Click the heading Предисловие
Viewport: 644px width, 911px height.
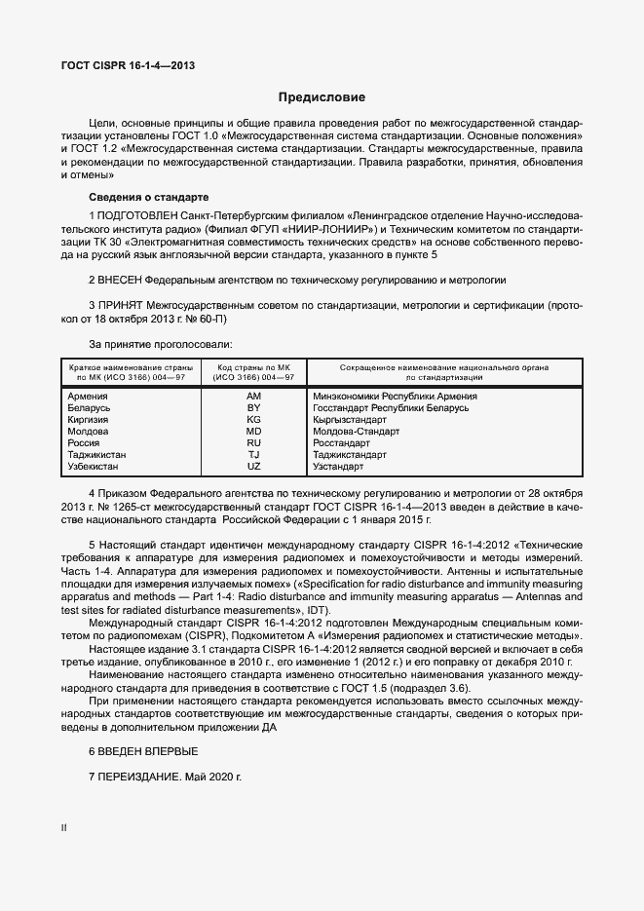pos(322,97)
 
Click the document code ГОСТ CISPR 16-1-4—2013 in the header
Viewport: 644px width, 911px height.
pos(122,65)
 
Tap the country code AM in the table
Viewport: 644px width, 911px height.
pos(254,397)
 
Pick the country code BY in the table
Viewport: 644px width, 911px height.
pos(254,408)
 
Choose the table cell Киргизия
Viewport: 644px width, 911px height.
pos(88,420)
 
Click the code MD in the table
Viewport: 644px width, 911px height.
pos(254,432)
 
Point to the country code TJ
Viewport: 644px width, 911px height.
pos(254,455)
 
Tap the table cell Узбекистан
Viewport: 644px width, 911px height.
pos(95,467)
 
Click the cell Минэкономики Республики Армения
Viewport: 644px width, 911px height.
pos(395,397)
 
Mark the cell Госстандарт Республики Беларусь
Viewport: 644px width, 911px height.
pos(391,408)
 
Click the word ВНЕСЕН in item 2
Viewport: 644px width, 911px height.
pos(121,279)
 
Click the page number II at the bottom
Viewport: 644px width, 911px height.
pos(64,827)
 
